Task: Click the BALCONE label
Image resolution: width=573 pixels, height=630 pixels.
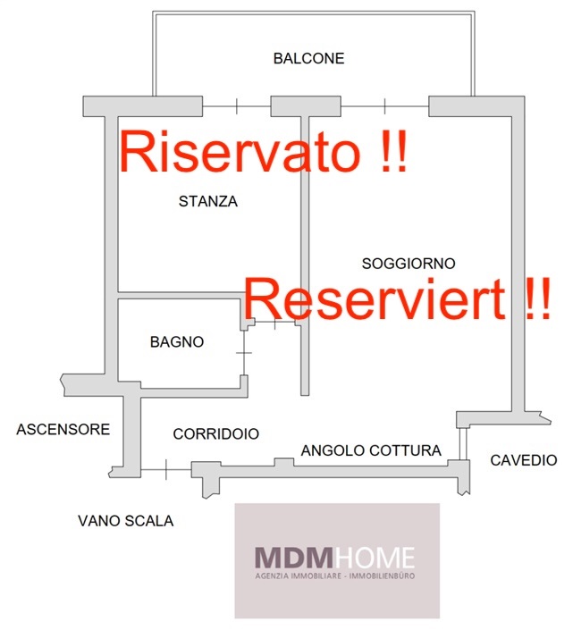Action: point(308,59)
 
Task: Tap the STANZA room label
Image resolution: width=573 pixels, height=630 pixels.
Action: point(208,201)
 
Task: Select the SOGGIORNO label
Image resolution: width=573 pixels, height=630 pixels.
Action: point(409,264)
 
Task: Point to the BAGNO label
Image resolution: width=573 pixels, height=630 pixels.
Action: point(177,341)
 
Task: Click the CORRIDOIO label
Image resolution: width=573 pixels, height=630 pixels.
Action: point(215,434)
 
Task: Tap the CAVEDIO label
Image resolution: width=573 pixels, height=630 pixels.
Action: point(523,461)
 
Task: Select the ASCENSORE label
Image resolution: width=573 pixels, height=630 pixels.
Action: point(63,430)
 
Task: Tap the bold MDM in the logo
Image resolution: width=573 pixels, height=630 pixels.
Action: point(287,559)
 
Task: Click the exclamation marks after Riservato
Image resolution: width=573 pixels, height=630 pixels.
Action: point(390,151)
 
